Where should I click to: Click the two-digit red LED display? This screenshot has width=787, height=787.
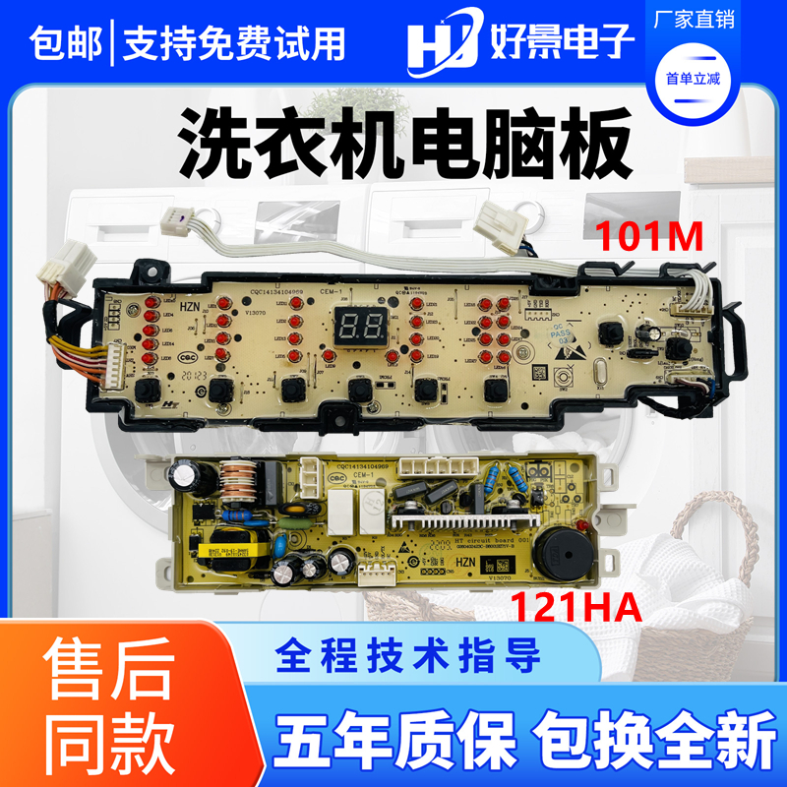click(357, 324)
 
